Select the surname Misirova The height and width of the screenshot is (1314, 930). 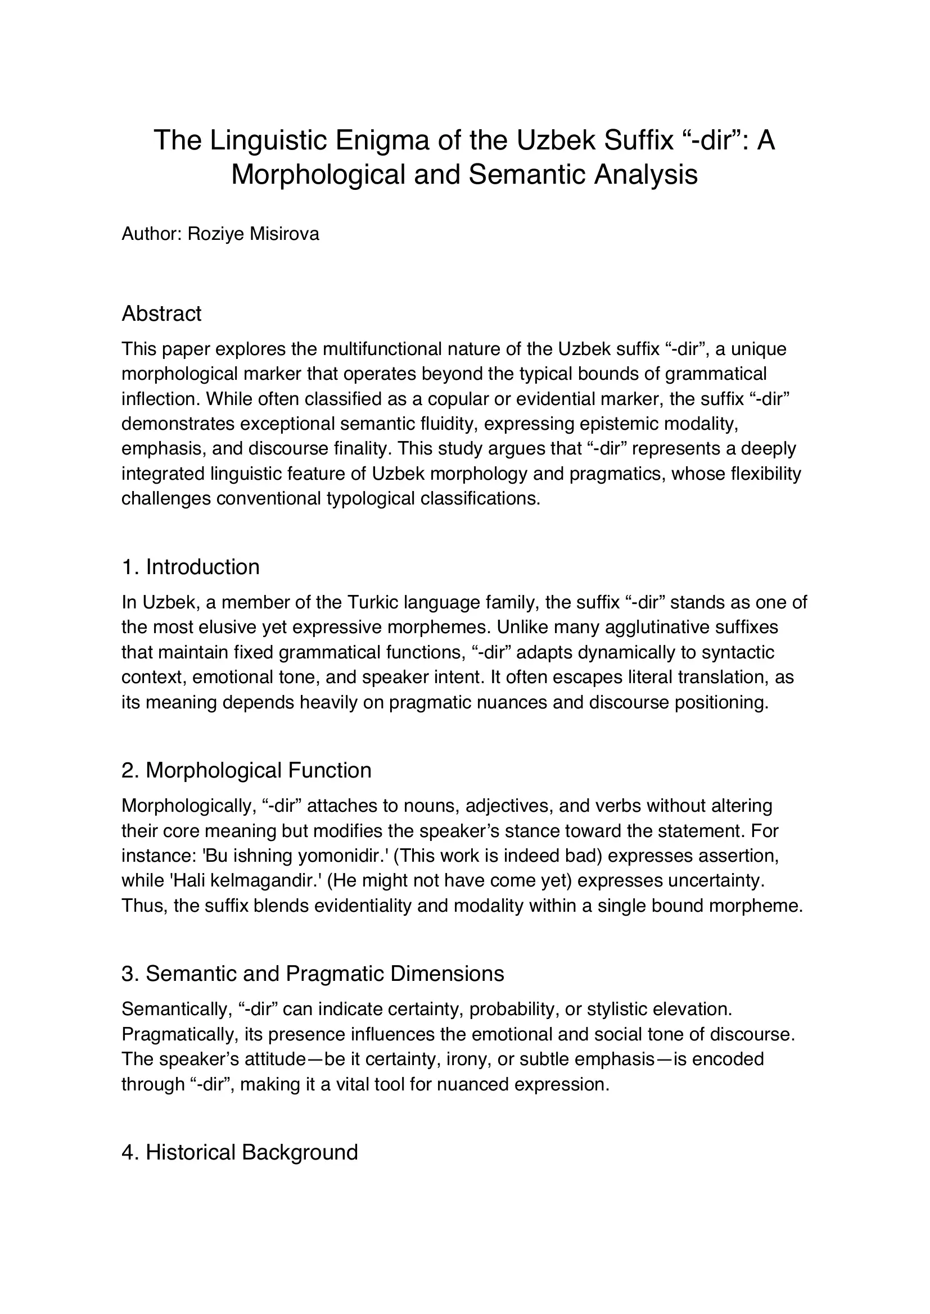coord(284,234)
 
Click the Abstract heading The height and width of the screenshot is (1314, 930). coord(161,313)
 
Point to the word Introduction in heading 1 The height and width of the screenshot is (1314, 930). coord(203,567)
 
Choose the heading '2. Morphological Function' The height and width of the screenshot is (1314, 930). coord(246,770)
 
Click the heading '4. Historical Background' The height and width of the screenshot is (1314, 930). coord(240,1152)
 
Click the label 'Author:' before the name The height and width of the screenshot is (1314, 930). coord(151,234)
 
